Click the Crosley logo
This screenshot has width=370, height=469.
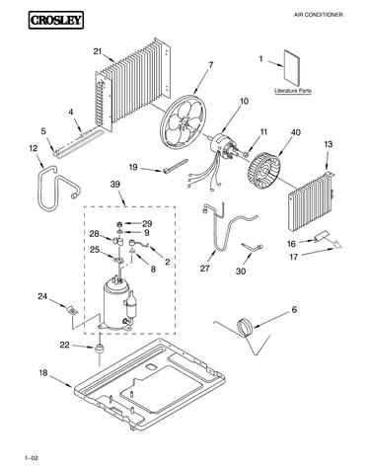56,20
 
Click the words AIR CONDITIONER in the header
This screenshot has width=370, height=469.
318,15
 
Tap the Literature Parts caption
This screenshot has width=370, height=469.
293,91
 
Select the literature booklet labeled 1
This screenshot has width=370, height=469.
292,68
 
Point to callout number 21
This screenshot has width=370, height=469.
98,51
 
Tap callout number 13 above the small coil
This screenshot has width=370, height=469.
328,144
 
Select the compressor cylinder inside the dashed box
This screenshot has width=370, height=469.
114,303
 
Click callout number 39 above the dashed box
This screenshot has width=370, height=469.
115,185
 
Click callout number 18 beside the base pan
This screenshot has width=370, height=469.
43,373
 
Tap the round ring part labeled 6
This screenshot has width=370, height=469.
245,328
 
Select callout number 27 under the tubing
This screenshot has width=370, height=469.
204,269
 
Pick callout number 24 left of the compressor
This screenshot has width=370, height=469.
42,296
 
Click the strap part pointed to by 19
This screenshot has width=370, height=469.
175,165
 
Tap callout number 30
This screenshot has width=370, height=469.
241,272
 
